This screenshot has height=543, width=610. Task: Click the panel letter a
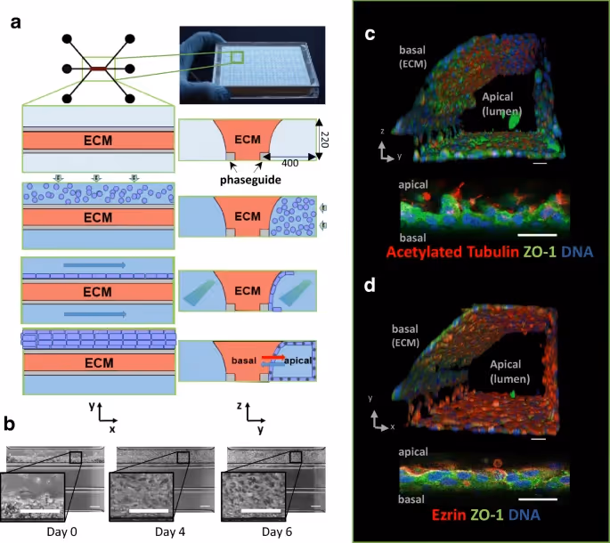point(15,22)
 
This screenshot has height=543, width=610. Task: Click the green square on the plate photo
point(236,59)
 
